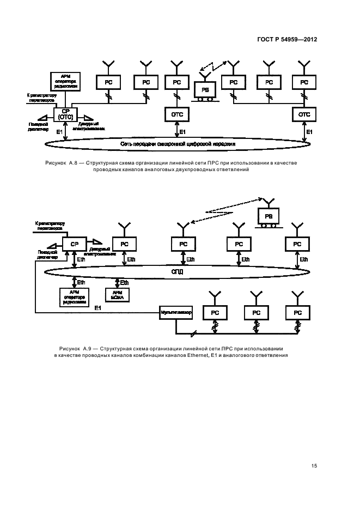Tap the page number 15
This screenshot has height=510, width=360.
pyautogui.click(x=314, y=465)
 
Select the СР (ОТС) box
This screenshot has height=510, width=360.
pyautogui.click(x=65, y=114)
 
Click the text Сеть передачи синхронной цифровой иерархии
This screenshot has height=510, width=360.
pyautogui.click(x=178, y=143)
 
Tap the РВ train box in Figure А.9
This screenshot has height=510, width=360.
pyautogui.click(x=269, y=216)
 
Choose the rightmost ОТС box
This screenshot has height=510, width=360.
pyautogui.click(x=304, y=114)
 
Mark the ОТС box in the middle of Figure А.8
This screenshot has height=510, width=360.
pyautogui.click(x=176, y=114)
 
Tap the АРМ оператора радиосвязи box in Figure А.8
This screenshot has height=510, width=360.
pyautogui.click(x=65, y=81)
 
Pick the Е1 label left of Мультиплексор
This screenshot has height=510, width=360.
pyautogui.click(x=98, y=308)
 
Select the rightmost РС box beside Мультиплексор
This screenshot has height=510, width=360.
pyautogui.click(x=297, y=313)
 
